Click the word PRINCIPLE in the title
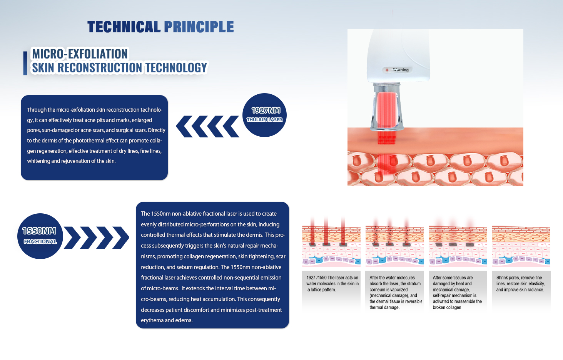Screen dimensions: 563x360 pyautogui.click(x=199, y=27)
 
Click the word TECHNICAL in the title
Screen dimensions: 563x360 pyautogui.click(x=124, y=27)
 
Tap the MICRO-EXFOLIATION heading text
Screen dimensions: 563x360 pyautogui.click(x=80, y=54)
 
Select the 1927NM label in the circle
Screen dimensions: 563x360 pyautogui.click(x=266, y=111)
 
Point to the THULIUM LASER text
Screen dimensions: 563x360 pyautogui.click(x=264, y=120)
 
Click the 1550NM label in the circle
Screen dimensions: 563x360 pyautogui.click(x=39, y=231)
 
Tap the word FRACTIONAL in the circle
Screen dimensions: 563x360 pyautogui.click(x=40, y=241)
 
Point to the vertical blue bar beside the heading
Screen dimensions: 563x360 pyautogui.click(x=25, y=63)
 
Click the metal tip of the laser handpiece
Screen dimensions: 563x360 pyautogui.click(x=387, y=107)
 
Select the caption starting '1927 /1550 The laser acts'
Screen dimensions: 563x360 pyautogui.click(x=332, y=284)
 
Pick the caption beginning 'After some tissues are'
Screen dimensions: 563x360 pyautogui.click(x=457, y=292)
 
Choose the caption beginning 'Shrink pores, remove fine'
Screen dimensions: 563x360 pyautogui.click(x=520, y=284)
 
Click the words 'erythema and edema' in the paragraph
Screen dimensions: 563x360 pyautogui.click(x=167, y=320)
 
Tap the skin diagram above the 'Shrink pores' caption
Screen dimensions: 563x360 pyautogui.click(x=521, y=246)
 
